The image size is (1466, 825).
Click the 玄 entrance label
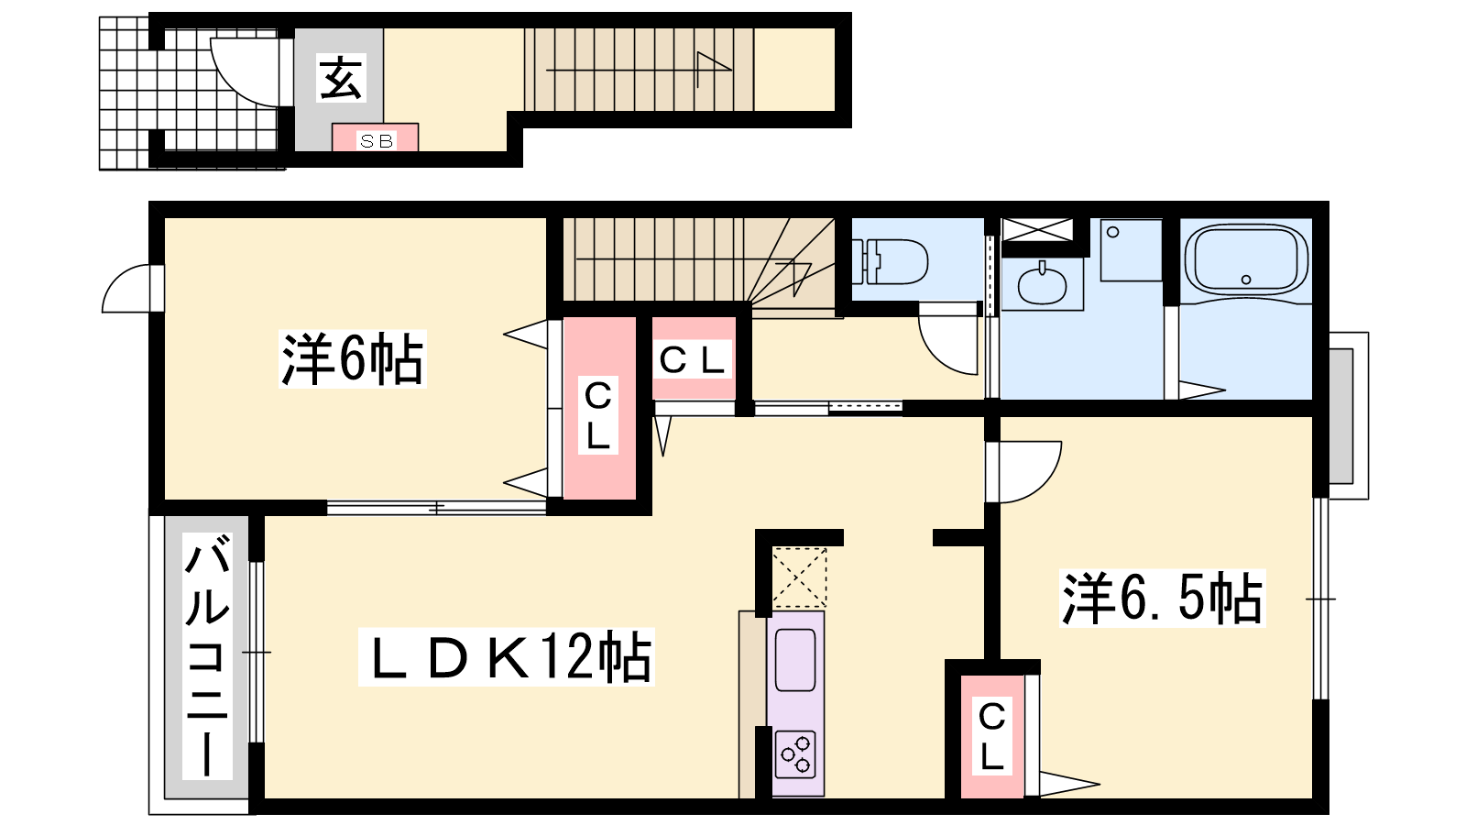pyautogui.click(x=341, y=78)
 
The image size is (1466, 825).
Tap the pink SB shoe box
pyautogui.click(x=376, y=139)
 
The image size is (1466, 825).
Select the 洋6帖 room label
pyautogui.click(x=352, y=359)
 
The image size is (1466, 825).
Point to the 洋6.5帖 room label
pyautogui.click(x=1162, y=599)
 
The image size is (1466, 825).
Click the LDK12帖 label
pyautogui.click(x=506, y=656)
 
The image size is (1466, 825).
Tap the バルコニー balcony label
pyautogui.click(x=207, y=656)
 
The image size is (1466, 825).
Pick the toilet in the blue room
pyautogui.click(x=889, y=261)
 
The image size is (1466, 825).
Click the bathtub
pyautogui.click(x=1245, y=259)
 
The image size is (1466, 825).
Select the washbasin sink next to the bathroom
pyautogui.click(x=1043, y=284)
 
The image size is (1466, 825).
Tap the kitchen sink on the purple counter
pyautogui.click(x=794, y=660)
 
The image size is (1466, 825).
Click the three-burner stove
pyautogui.click(x=794, y=753)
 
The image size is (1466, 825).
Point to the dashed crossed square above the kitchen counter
pyautogui.click(x=799, y=577)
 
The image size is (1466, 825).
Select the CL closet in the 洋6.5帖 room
pyautogui.click(x=991, y=736)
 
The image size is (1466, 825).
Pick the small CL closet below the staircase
pyautogui.click(x=694, y=359)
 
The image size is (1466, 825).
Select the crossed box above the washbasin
pyautogui.click(x=1037, y=229)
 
